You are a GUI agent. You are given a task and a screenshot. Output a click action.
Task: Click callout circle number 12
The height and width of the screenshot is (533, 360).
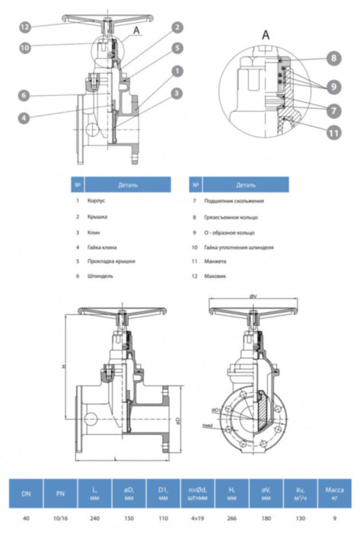pos(25,27)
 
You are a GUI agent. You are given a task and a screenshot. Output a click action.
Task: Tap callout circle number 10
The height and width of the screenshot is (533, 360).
pos(25,47)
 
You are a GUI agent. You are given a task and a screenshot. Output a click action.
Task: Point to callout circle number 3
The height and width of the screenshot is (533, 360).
pos(176,93)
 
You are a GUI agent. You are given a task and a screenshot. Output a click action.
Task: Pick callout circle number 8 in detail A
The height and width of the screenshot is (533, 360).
pos(333,58)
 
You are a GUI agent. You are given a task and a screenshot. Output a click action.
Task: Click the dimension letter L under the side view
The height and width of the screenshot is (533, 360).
pos(113,457)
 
